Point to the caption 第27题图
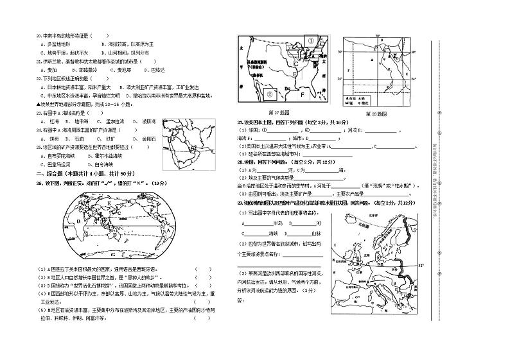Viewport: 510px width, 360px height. coord(283,112)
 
